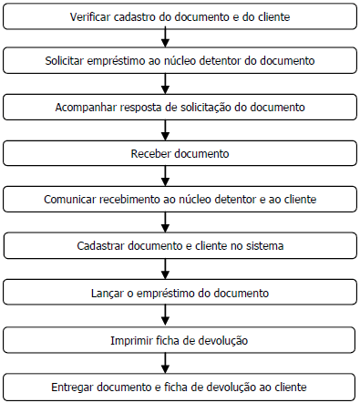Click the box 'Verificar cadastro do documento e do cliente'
coord(180,16)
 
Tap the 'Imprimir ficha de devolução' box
coord(180,340)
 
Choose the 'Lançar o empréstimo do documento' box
coord(180,293)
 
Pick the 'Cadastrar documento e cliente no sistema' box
coord(180,245)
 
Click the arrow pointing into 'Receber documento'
coord(164,129)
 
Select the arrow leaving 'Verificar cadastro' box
coord(164,36)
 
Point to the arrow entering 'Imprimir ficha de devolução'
coord(164,316)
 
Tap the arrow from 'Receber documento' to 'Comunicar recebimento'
coord(164,176)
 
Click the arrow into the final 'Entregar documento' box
coord(164,363)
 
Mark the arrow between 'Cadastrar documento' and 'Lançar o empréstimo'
coord(164,269)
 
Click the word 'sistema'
coord(262,245)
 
